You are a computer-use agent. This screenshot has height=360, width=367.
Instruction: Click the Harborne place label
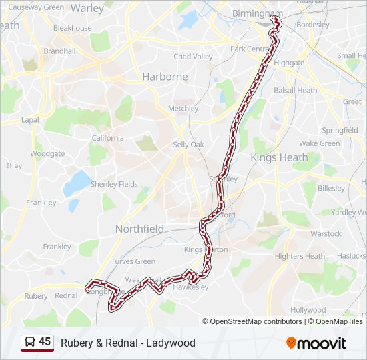tap(165, 77)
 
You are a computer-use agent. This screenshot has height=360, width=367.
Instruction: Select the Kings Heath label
tap(279, 158)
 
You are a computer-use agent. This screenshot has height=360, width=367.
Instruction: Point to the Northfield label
tap(139, 229)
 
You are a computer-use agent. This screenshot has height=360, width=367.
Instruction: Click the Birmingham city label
tap(257, 13)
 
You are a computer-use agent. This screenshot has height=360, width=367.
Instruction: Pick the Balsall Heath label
tap(295, 90)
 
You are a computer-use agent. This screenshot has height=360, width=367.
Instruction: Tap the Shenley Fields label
tap(114, 184)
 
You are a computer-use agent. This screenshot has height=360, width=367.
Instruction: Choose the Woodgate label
tap(47, 153)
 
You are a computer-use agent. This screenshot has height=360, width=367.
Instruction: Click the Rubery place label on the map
tap(36, 295)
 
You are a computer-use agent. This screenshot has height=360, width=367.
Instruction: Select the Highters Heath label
tap(300, 256)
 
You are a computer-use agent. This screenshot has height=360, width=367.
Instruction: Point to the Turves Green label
tap(133, 261)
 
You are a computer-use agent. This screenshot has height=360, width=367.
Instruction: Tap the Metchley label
tap(183, 108)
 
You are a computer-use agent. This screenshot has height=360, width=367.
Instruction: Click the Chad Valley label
tap(193, 57)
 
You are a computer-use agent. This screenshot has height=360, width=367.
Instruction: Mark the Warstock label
tap(326, 233)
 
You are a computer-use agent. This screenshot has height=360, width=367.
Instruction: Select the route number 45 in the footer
tap(45, 342)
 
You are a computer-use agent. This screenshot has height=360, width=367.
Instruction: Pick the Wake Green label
tap(319, 143)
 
